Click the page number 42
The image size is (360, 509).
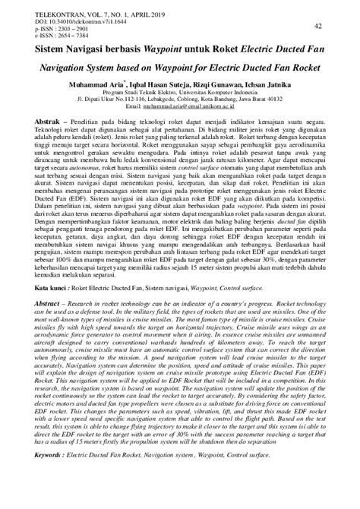point(318,27)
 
